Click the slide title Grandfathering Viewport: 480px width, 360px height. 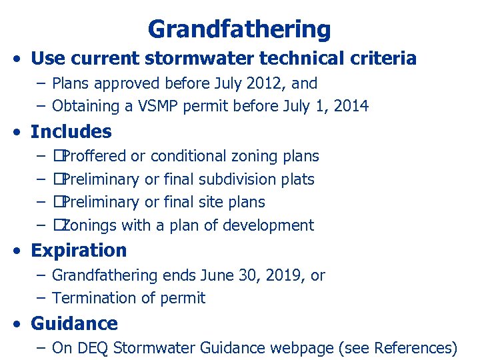(239, 29)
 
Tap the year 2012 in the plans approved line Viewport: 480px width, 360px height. (264, 84)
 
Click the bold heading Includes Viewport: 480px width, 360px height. (71, 131)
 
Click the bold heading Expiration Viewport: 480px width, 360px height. (79, 251)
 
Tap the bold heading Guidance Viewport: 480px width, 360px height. (74, 324)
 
